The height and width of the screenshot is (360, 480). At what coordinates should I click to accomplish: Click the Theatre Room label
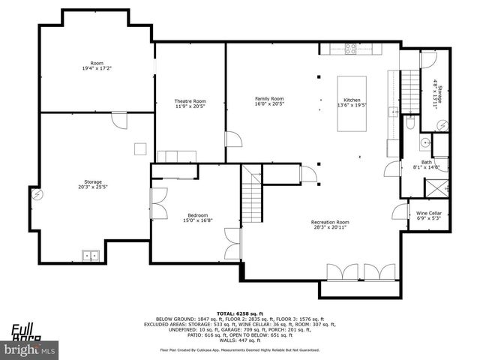coord(190,101)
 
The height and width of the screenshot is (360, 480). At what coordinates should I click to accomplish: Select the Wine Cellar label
coord(429,214)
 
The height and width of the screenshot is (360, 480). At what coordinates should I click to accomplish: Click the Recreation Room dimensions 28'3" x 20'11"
coord(331,227)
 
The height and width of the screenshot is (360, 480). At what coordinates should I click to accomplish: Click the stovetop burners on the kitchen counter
coord(350,49)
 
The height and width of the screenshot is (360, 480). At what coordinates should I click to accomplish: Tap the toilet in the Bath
coord(409,124)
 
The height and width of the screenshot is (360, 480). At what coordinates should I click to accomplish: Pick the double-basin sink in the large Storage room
coord(92,256)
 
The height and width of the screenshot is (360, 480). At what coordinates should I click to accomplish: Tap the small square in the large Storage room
coord(140,148)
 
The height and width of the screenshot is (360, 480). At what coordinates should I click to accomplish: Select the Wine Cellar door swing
coord(397,210)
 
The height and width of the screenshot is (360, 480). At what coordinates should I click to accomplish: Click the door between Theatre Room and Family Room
coord(234,139)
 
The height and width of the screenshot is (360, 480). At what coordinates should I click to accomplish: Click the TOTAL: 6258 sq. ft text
coord(239,312)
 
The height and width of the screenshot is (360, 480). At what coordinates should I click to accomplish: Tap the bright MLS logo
coord(30,349)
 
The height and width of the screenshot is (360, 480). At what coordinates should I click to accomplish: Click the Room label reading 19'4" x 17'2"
coord(97,65)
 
